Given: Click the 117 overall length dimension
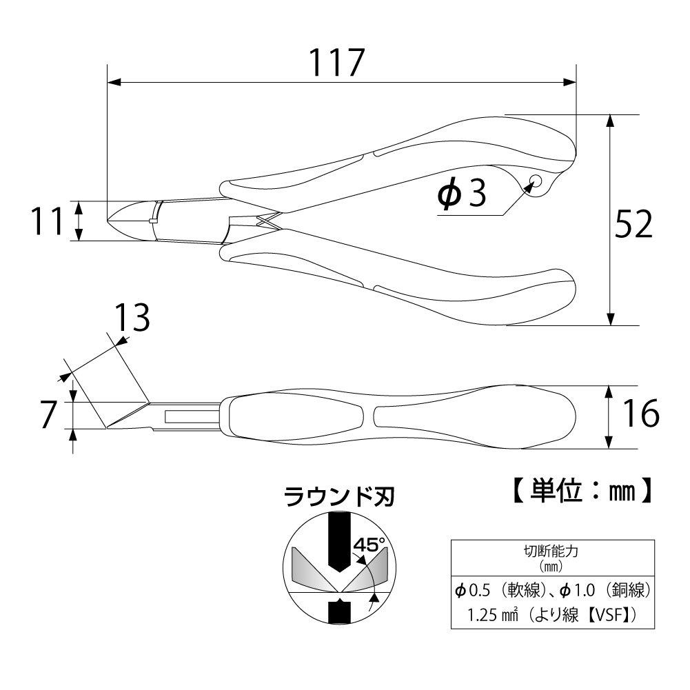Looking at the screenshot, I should click(335, 63).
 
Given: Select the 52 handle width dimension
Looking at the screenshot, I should click(633, 224).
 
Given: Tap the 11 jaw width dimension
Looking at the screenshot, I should click(46, 222).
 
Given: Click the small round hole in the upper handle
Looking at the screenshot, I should click(534, 182).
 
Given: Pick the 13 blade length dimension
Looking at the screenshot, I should click(131, 318).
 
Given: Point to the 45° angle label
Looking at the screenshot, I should click(369, 545).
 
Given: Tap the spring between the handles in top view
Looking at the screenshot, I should click(265, 223).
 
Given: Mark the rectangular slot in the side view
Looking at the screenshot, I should click(190, 416).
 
